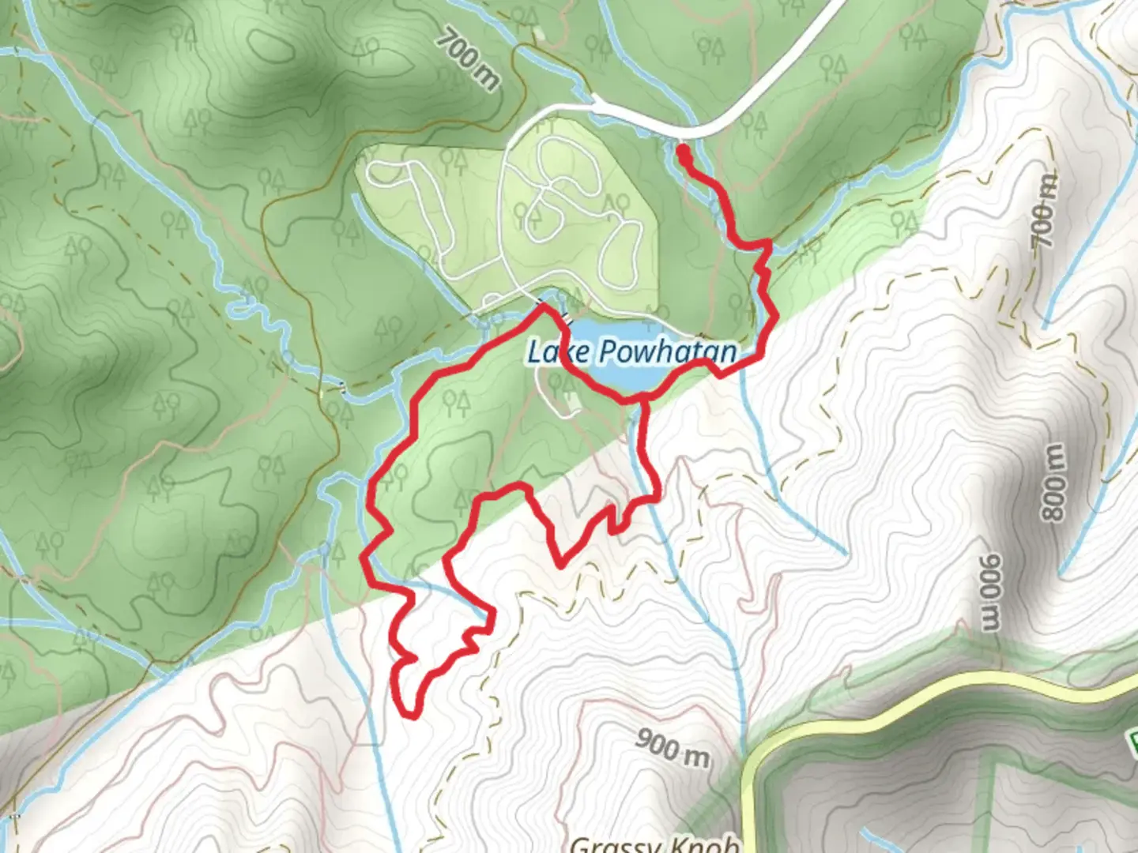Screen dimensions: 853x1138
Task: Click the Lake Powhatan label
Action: pyautogui.click(x=631, y=351)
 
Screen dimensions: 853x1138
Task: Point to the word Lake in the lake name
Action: pyautogui.click(x=558, y=351)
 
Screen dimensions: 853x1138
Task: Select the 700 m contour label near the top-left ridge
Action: pyautogui.click(x=469, y=58)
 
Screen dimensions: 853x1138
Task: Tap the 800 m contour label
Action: pyautogui.click(x=1053, y=483)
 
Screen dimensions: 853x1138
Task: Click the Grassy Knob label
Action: pyautogui.click(x=654, y=844)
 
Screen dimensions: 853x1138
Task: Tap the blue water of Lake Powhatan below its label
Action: pyautogui.click(x=632, y=378)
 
